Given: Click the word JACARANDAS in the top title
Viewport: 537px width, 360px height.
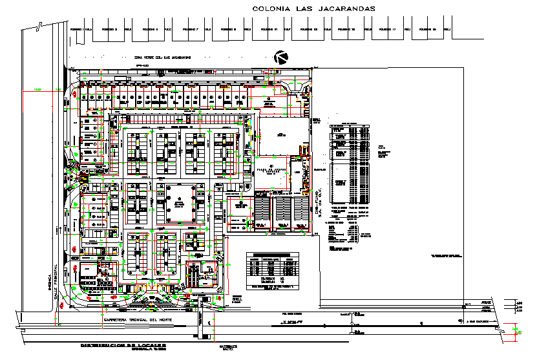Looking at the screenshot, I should click(x=339, y=8).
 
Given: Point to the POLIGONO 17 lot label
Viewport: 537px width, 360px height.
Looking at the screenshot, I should click(x=387, y=29).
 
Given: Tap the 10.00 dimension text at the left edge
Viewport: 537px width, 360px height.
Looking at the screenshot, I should click(x=37, y=89).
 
